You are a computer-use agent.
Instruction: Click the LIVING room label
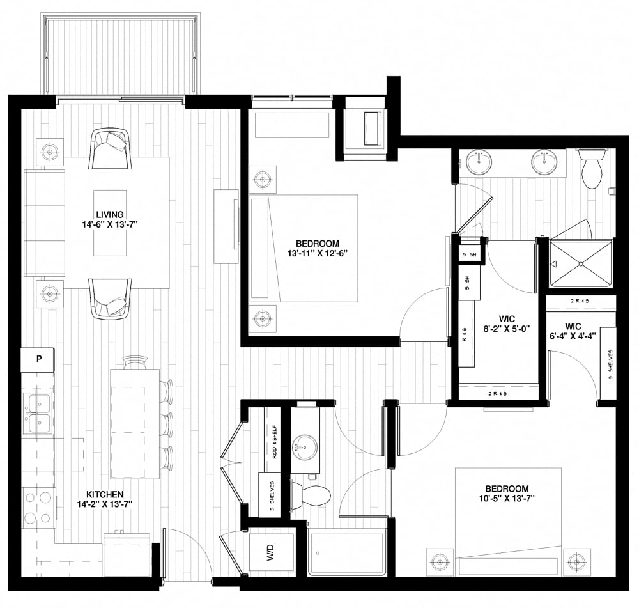point(110,214)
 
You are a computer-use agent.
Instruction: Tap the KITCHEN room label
point(105,494)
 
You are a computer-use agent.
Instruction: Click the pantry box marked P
point(38,359)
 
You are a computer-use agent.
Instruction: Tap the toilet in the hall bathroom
point(312,494)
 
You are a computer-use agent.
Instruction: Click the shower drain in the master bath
point(580,263)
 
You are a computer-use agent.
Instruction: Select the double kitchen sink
point(38,414)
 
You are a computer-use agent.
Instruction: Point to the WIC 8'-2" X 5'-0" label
point(509,325)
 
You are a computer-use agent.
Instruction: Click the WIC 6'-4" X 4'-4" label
point(573,331)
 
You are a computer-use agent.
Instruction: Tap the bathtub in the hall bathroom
point(346,553)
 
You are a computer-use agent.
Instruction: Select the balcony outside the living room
point(119,55)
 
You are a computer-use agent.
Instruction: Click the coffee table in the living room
point(110,222)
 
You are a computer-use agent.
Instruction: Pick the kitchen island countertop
point(135,423)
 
